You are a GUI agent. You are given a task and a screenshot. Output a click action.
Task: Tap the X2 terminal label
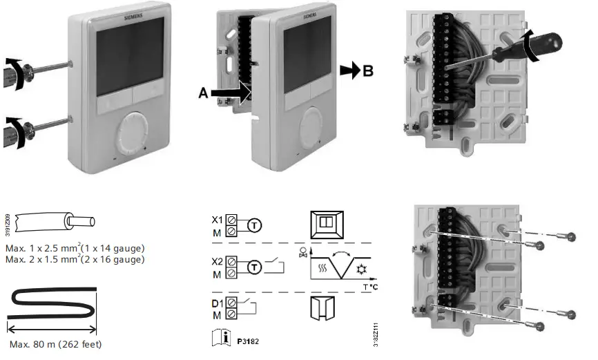pos(218,263)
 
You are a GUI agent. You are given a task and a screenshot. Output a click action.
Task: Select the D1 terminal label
pos(218,303)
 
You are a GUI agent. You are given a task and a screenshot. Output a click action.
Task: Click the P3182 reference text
pos(248,340)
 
